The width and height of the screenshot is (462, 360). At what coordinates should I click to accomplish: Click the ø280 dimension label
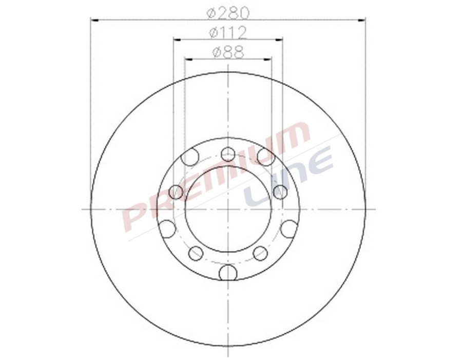pos(228,11)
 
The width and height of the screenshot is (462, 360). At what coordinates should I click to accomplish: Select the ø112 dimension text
pos(228,32)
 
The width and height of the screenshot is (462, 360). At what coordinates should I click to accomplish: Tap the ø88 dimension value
pos(228,51)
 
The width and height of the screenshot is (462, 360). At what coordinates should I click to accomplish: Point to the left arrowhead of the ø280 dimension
pos(94,20)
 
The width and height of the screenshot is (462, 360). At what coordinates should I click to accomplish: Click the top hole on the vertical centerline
pos(228,153)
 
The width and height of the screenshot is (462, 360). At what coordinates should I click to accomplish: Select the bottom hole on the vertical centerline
pos(228,272)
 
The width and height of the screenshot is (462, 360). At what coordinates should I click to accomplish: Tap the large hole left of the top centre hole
pos(190,157)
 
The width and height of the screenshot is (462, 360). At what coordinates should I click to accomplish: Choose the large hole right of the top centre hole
pos(265,157)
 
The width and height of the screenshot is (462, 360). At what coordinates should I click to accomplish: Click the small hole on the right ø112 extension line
pos(280,192)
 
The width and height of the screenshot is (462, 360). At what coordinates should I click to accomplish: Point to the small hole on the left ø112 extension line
pos(176,192)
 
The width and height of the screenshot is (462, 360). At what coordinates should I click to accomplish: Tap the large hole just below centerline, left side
pos(167,229)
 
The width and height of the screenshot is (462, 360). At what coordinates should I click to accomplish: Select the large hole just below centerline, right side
pos(289,229)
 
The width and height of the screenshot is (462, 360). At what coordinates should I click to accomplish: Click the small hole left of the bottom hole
pos(196,253)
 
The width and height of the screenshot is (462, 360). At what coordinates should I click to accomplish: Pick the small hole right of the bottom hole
pos(260,253)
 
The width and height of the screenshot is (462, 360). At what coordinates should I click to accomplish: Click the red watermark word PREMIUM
pos(216,177)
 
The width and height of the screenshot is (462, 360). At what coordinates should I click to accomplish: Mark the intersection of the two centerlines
pos(228,209)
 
